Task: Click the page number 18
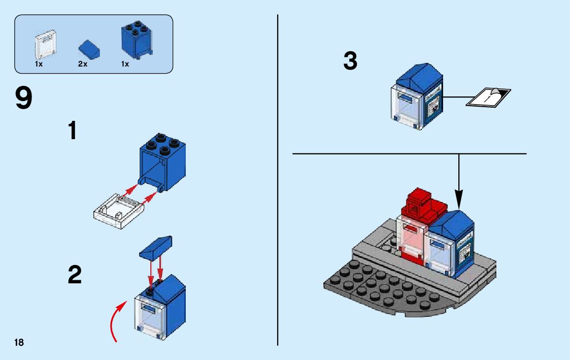[x=19, y=342]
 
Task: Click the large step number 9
[x=23, y=99]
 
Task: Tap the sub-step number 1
[x=73, y=130]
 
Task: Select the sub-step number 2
[x=74, y=275]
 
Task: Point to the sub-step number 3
[x=350, y=62]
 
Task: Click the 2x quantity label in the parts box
[x=82, y=64]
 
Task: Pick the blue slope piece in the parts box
[x=90, y=49]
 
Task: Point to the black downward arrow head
[x=459, y=196]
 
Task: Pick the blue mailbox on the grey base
[x=451, y=241]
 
